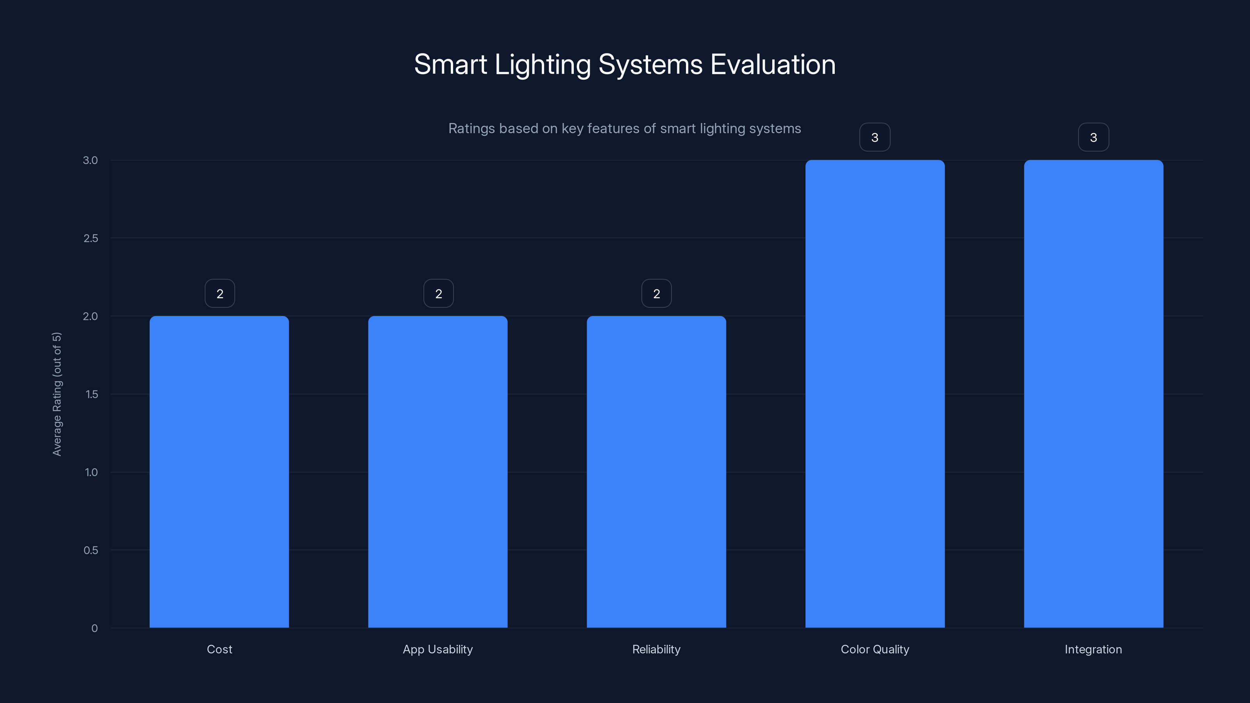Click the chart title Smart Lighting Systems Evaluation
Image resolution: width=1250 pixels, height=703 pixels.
pyautogui.click(x=625, y=64)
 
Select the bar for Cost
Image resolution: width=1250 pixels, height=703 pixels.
pyautogui.click(x=219, y=471)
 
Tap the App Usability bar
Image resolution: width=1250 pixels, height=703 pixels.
pyautogui.click(x=437, y=471)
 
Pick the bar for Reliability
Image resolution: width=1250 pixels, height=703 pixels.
pyautogui.click(x=656, y=471)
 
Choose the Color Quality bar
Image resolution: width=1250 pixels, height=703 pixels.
pyautogui.click(x=875, y=393)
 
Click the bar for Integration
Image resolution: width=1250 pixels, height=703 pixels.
pyautogui.click(x=1093, y=393)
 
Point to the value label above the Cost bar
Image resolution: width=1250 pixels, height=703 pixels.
pyautogui.click(x=220, y=294)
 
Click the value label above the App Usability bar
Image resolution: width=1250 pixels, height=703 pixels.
pyautogui.click(x=439, y=294)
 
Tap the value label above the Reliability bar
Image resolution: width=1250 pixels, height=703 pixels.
pyautogui.click(x=657, y=294)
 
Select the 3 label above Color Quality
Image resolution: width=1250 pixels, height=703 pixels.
pyautogui.click(x=875, y=137)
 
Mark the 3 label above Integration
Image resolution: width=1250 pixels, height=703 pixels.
pyautogui.click(x=1093, y=137)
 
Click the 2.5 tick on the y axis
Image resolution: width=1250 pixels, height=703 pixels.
pyautogui.click(x=91, y=238)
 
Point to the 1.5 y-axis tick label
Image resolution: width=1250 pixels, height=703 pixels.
pyautogui.click(x=91, y=394)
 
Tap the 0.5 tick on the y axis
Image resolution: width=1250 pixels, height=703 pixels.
pyautogui.click(x=91, y=550)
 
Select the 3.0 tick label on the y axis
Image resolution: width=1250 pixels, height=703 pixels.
pyautogui.click(x=90, y=160)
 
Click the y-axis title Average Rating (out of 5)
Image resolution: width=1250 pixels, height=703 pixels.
pyautogui.click(x=57, y=394)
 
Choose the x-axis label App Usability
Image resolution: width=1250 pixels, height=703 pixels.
pyautogui.click(x=437, y=649)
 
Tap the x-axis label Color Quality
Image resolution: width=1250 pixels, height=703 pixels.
pyautogui.click(x=875, y=649)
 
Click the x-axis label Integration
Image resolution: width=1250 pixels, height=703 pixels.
pyautogui.click(x=1093, y=649)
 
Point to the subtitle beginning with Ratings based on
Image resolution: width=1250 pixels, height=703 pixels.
pyautogui.click(x=625, y=128)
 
